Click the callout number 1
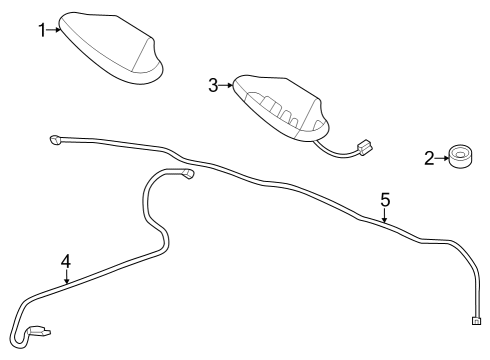(42, 30)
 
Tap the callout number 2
(428, 158)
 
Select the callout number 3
(213, 86)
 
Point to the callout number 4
(66, 262)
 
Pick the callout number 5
(385, 199)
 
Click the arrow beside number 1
(55, 30)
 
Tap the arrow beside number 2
(441, 158)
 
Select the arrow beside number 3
(225, 86)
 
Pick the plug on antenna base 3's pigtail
(365, 148)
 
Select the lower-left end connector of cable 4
(42, 331)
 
